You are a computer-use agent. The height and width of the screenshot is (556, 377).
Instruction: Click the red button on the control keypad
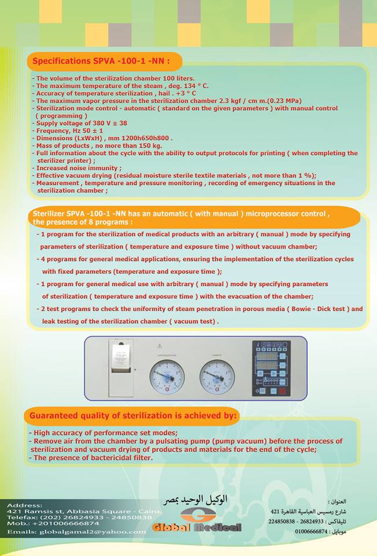(x=282, y=392)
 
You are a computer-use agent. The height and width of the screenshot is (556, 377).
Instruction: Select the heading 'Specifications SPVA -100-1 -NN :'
(x=101, y=61)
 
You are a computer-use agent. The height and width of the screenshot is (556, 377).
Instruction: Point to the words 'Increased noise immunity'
(x=77, y=168)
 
